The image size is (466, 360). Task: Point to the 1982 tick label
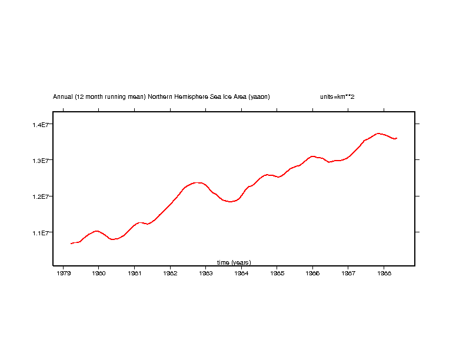170,273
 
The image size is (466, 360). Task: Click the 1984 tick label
241,273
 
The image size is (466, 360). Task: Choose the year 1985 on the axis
277,273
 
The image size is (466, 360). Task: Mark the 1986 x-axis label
312,273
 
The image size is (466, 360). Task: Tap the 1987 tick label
348,273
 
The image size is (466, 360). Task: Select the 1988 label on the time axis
384,273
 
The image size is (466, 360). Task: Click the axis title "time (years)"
234,262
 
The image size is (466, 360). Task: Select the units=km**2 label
337,96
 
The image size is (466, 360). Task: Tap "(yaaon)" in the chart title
259,96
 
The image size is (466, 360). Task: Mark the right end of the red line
397,138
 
